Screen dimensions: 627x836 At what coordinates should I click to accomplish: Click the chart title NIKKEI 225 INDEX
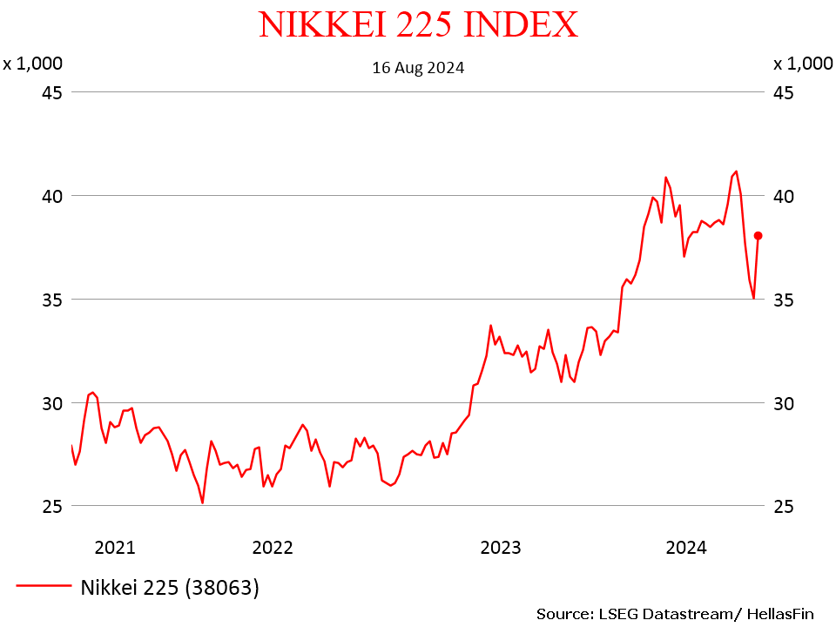pyautogui.click(x=418, y=24)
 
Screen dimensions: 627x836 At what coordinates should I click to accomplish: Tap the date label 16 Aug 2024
pyautogui.click(x=418, y=67)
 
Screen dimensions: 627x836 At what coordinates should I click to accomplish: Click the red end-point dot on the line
pyautogui.click(x=758, y=235)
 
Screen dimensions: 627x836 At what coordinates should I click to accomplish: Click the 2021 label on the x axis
pyautogui.click(x=115, y=548)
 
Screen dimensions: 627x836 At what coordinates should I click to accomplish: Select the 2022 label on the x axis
pyautogui.click(x=273, y=548)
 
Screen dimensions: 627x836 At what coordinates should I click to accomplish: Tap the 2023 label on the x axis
pyautogui.click(x=501, y=548)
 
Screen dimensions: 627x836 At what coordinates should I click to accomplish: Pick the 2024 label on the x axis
pyautogui.click(x=686, y=548)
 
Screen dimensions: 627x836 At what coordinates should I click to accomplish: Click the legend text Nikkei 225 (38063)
pyautogui.click(x=170, y=588)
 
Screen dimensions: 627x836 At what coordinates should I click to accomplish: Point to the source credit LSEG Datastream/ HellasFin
pyautogui.click(x=675, y=614)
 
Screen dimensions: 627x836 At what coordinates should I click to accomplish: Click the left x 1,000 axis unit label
pyautogui.click(x=32, y=63)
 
